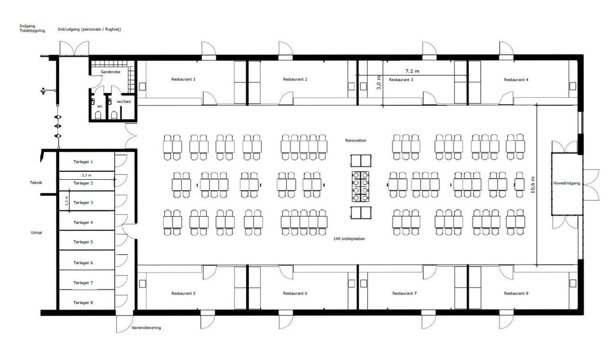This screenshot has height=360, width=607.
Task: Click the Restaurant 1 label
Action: pos(183,79)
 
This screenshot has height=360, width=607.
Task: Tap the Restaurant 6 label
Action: pos(295,293)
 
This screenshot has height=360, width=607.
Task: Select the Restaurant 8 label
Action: pos(516,293)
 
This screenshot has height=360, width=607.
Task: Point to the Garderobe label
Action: pos(110,72)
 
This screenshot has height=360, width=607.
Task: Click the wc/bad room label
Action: pos(124,102)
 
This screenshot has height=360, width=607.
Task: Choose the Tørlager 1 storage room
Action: pos(86,162)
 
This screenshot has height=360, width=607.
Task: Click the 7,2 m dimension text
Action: pos(412,71)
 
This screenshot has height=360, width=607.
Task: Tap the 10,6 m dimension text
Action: pos(533,185)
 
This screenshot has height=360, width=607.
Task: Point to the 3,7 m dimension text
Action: pos(86,175)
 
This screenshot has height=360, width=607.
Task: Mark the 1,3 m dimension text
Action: pos(67,201)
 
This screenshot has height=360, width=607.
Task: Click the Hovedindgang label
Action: pos(567,183)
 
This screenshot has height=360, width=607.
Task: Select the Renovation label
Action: pos(356,140)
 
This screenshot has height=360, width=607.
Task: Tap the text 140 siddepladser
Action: pos(349,239)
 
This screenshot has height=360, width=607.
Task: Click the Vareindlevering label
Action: pos(147,328)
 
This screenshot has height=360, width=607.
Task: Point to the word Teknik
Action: pos(36,183)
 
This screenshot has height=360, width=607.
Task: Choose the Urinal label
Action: pos(37,232)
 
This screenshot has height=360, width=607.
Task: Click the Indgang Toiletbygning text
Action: pos(32,28)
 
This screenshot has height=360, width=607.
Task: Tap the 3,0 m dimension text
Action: pos(379,83)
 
